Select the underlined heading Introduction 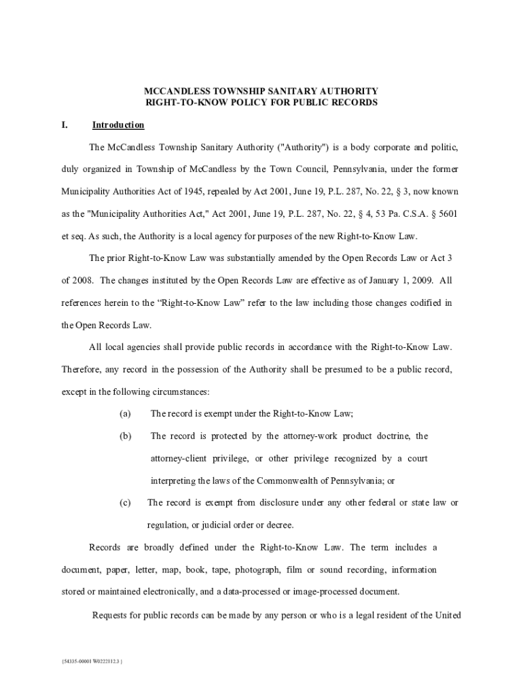(118, 125)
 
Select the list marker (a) (125, 413)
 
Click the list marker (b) (125, 436)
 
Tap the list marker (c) (125, 502)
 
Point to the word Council (334, 169)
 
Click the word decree (280, 525)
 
